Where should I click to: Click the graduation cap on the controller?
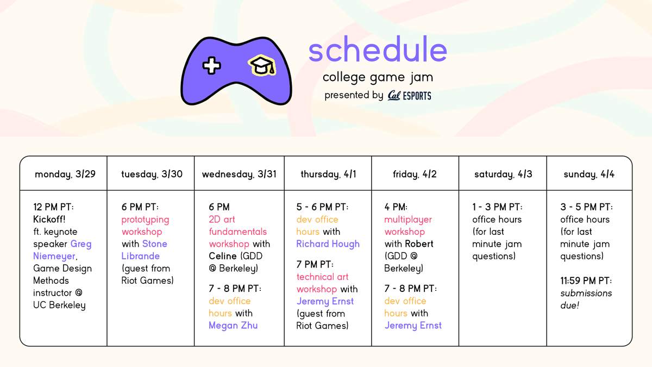tap(262, 66)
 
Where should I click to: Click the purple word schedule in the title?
tap(378, 51)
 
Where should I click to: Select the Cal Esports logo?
tap(410, 96)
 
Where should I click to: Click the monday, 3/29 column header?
tap(63, 175)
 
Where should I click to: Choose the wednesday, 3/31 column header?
tap(239, 175)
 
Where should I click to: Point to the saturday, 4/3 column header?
tap(503, 175)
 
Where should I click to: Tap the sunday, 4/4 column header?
tap(590, 175)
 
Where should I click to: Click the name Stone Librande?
tap(144, 250)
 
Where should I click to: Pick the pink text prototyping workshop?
tap(145, 226)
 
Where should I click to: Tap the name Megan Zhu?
tap(233, 325)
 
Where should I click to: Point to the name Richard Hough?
tap(328, 244)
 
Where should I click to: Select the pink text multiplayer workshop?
tap(409, 226)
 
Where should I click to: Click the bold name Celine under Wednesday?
tap(223, 256)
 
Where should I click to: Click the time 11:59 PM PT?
tap(586, 281)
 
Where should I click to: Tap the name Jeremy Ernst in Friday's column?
tap(413, 325)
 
